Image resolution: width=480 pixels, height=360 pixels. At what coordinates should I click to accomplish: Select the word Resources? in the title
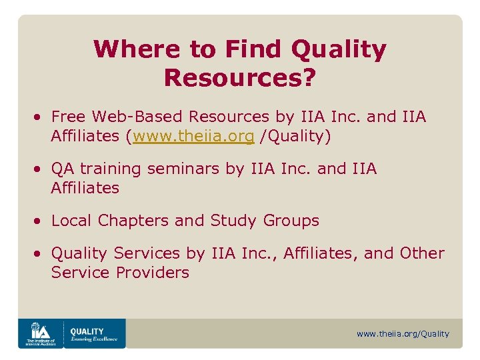pyautogui.click(x=239, y=77)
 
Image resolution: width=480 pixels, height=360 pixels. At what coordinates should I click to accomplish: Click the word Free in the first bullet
pyautogui.click(x=69, y=117)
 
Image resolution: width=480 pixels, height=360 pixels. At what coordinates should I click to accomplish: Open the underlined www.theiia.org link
pyautogui.click(x=193, y=137)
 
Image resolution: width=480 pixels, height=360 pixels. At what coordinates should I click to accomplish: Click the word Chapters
pyautogui.click(x=132, y=220)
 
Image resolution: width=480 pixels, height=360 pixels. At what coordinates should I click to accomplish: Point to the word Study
pyautogui.click(x=234, y=220)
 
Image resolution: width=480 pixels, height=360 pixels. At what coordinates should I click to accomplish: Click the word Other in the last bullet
pyautogui.click(x=422, y=253)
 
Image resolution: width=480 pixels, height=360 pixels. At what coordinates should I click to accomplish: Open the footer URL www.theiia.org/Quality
pyautogui.click(x=403, y=333)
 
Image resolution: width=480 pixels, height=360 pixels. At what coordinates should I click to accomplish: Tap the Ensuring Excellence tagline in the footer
pyautogui.click(x=93, y=339)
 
